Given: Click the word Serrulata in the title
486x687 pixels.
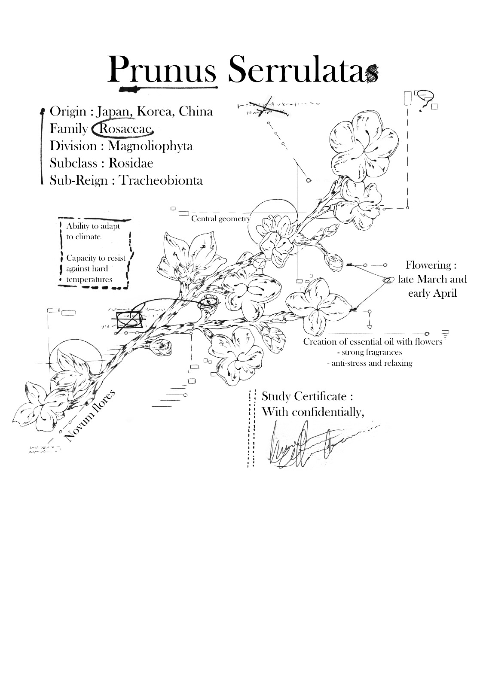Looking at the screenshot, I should (x=296, y=70).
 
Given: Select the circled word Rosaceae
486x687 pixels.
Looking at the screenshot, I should (x=125, y=129).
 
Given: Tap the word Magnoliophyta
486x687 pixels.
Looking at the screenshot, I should (x=150, y=146).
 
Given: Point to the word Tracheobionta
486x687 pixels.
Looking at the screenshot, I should (x=160, y=180).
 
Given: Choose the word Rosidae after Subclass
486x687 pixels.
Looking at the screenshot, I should (x=131, y=163).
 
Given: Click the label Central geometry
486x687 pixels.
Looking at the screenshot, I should (x=220, y=219).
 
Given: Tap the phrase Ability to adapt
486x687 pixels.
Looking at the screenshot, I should (x=93, y=226).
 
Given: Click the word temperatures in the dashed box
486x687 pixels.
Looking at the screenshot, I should (x=89, y=280).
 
